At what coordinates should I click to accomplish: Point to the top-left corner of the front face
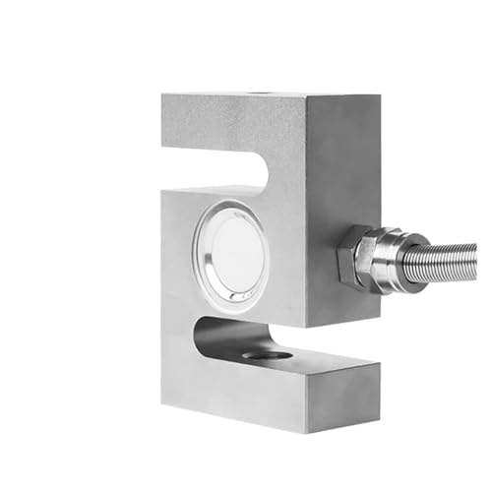pyautogui.click(x=163, y=95)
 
